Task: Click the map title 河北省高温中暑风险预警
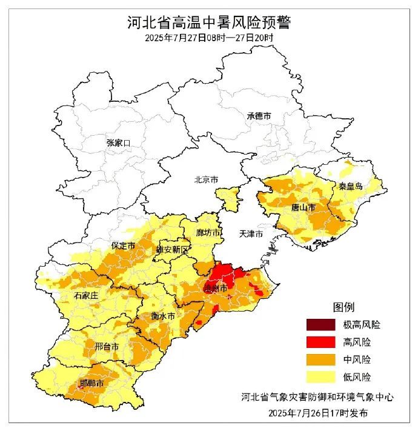click(x=209, y=23)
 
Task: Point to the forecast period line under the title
click(x=209, y=38)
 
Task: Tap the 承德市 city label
click(x=259, y=116)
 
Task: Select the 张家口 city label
click(x=118, y=142)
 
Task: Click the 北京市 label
click(x=205, y=179)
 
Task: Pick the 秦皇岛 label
click(x=351, y=186)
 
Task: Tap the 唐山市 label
click(x=303, y=207)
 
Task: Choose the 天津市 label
click(x=250, y=233)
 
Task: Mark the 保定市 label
click(x=122, y=246)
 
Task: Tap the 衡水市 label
click(x=163, y=316)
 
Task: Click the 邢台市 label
click(x=107, y=346)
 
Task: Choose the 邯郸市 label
click(x=91, y=384)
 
